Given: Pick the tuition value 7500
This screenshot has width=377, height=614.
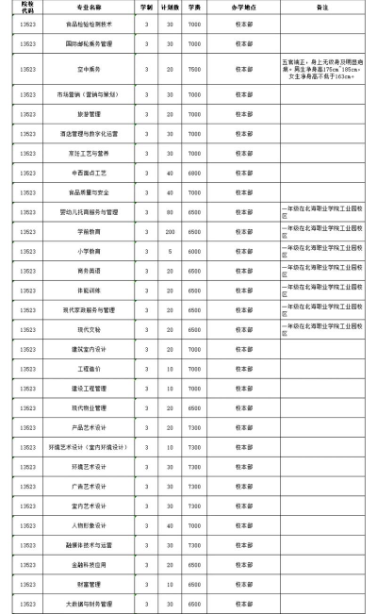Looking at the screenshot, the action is [194, 69].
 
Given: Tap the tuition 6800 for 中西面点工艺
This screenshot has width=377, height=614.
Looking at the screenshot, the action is [194, 173].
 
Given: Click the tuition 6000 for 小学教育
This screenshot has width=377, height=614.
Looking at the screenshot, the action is [194, 252].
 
